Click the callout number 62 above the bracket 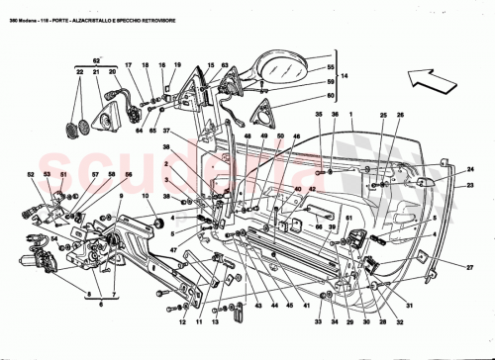coord(96,61)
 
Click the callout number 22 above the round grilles coord(78,73)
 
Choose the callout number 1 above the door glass coord(380,117)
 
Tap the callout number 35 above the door coord(319,117)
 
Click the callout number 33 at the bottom coord(319,321)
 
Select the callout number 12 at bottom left coord(182,321)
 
